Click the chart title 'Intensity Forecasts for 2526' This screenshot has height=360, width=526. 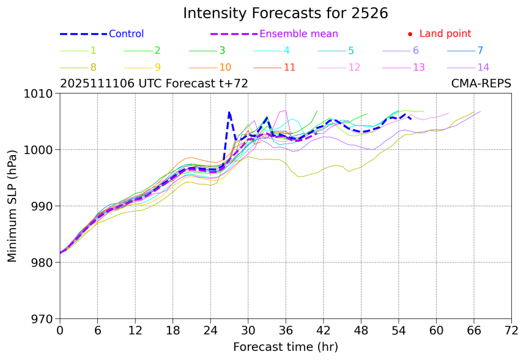(285, 13)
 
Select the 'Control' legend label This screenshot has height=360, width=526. (126, 34)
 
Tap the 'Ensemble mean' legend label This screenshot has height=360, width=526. (298, 34)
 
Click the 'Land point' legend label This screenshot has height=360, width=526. (445, 34)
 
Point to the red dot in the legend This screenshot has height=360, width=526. (410, 34)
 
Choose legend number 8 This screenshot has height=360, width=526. (93, 67)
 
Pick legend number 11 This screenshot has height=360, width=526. (290, 67)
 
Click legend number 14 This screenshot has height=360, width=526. (483, 67)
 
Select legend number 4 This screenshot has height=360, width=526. (286, 51)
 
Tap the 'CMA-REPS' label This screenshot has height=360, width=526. (481, 84)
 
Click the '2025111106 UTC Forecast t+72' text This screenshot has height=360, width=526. (154, 84)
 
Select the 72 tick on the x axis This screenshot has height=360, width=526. (511, 331)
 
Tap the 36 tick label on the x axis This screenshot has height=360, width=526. (286, 331)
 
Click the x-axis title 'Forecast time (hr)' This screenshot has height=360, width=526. (285, 347)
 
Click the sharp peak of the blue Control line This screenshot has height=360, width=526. (229, 112)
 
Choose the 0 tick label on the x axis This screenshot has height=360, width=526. (60, 331)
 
